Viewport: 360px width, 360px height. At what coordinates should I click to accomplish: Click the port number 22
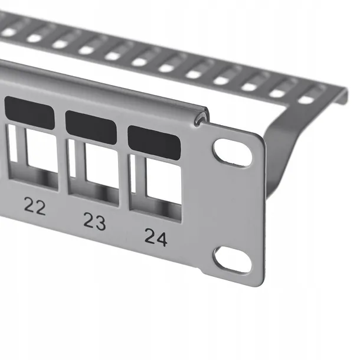click(35, 207)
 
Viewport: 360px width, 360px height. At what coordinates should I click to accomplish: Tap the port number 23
click(94, 221)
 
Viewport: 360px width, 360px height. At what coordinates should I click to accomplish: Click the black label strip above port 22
click(30, 112)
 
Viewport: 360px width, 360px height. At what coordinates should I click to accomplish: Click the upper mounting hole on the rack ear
click(232, 152)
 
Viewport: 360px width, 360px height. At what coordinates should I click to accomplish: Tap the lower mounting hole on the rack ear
click(232, 260)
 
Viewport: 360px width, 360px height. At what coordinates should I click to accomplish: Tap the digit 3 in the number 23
click(101, 222)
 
